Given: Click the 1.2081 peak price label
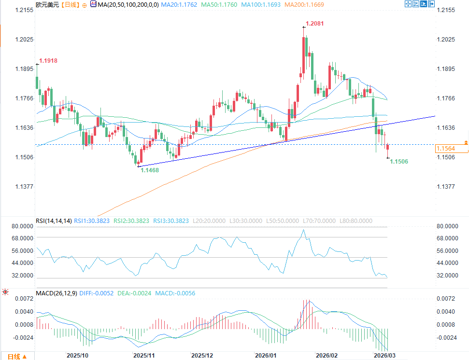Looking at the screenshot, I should click(x=314, y=23).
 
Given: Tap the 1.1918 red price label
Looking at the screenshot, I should click(x=48, y=61).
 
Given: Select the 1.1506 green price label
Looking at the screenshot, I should click(x=399, y=162).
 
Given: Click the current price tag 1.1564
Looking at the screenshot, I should click(x=446, y=149).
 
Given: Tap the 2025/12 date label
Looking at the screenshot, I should click(x=202, y=355).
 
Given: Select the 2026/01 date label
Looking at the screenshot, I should click(x=267, y=355).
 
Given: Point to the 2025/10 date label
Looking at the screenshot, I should click(x=77, y=355).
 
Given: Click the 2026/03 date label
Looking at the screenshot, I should click(x=385, y=355).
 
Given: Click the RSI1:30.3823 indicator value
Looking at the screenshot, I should click(x=92, y=221).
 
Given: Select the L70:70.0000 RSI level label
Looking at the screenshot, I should click(x=319, y=221).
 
